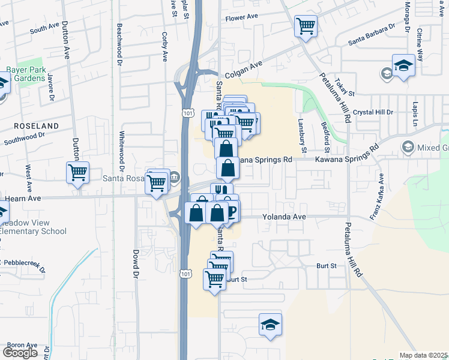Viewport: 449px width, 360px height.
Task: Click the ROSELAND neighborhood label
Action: pyautogui.click(x=37, y=126)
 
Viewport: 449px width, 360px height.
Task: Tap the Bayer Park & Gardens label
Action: pyautogui.click(x=26, y=74)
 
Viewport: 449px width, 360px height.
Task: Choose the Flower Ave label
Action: pyautogui.click(x=241, y=19)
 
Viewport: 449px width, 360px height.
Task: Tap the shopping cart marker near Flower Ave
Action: pyautogui.click(x=306, y=26)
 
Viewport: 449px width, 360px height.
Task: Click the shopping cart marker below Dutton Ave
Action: pyautogui.click(x=78, y=172)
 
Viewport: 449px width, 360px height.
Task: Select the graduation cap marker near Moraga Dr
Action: pyautogui.click(x=403, y=65)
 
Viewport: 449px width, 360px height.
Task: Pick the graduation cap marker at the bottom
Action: pyautogui.click(x=271, y=325)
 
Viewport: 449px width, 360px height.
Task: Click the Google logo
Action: pyautogui.click(x=20, y=353)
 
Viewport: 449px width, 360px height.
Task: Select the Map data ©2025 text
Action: pyautogui.click(x=424, y=355)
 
